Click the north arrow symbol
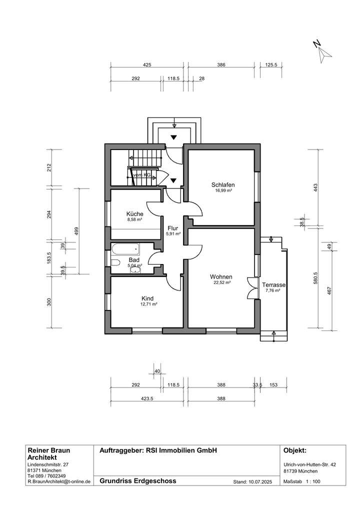tap(322, 50)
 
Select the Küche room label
tap(134, 213)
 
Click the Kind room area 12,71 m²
tap(149, 303)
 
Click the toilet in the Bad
tap(115, 262)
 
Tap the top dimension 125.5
tap(271, 64)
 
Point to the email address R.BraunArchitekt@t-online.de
tap(58, 482)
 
